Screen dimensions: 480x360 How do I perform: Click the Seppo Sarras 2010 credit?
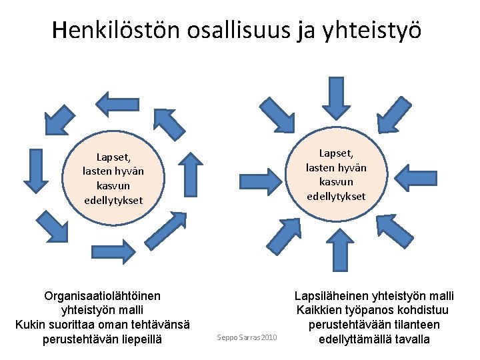pos(247,338)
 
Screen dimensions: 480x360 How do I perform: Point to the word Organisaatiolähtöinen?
pos(102,295)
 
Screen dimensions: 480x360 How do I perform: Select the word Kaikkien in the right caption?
pos(316,310)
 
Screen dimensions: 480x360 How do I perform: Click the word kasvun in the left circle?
pos(113,186)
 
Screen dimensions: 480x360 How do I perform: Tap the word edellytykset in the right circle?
pos(336,196)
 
